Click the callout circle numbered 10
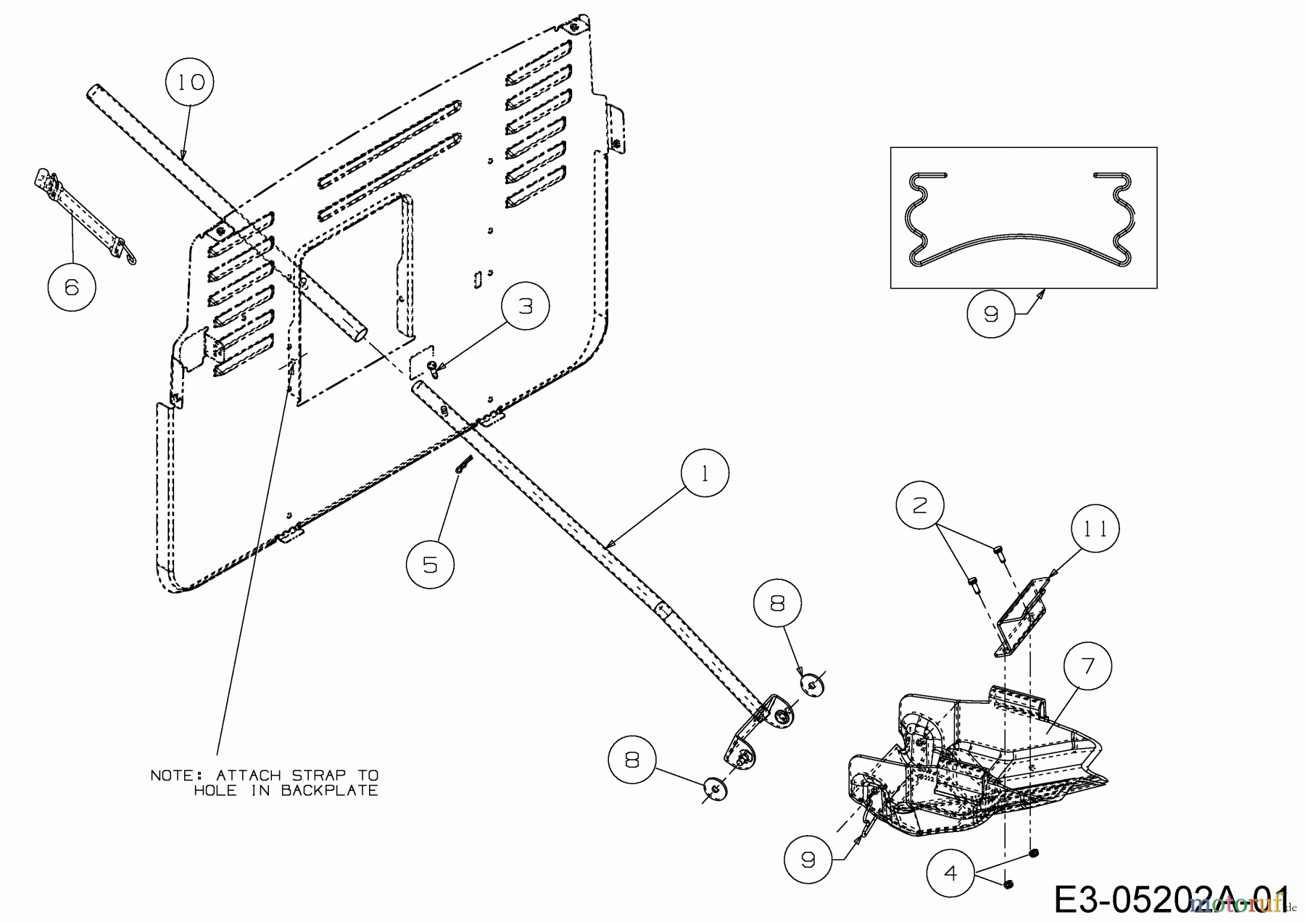(x=191, y=82)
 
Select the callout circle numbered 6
(x=71, y=287)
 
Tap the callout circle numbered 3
(x=526, y=306)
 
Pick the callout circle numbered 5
(x=430, y=564)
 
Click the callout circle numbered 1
(x=705, y=473)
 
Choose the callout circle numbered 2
(x=919, y=505)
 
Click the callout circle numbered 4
(x=951, y=873)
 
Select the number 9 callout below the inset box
(x=991, y=314)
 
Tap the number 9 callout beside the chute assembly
(x=808, y=860)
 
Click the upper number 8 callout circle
(x=777, y=604)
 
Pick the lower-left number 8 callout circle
(x=632, y=760)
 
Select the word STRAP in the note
(x=320, y=775)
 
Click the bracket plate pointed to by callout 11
(x=1023, y=616)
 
